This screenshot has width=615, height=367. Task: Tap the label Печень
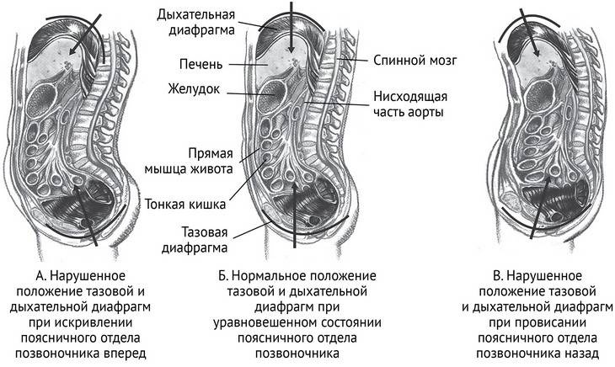pos(201,62)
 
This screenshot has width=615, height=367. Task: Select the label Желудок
pos(196,88)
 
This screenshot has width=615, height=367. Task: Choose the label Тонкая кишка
pos(184,203)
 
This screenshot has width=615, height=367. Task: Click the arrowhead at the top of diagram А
pos(72,54)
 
